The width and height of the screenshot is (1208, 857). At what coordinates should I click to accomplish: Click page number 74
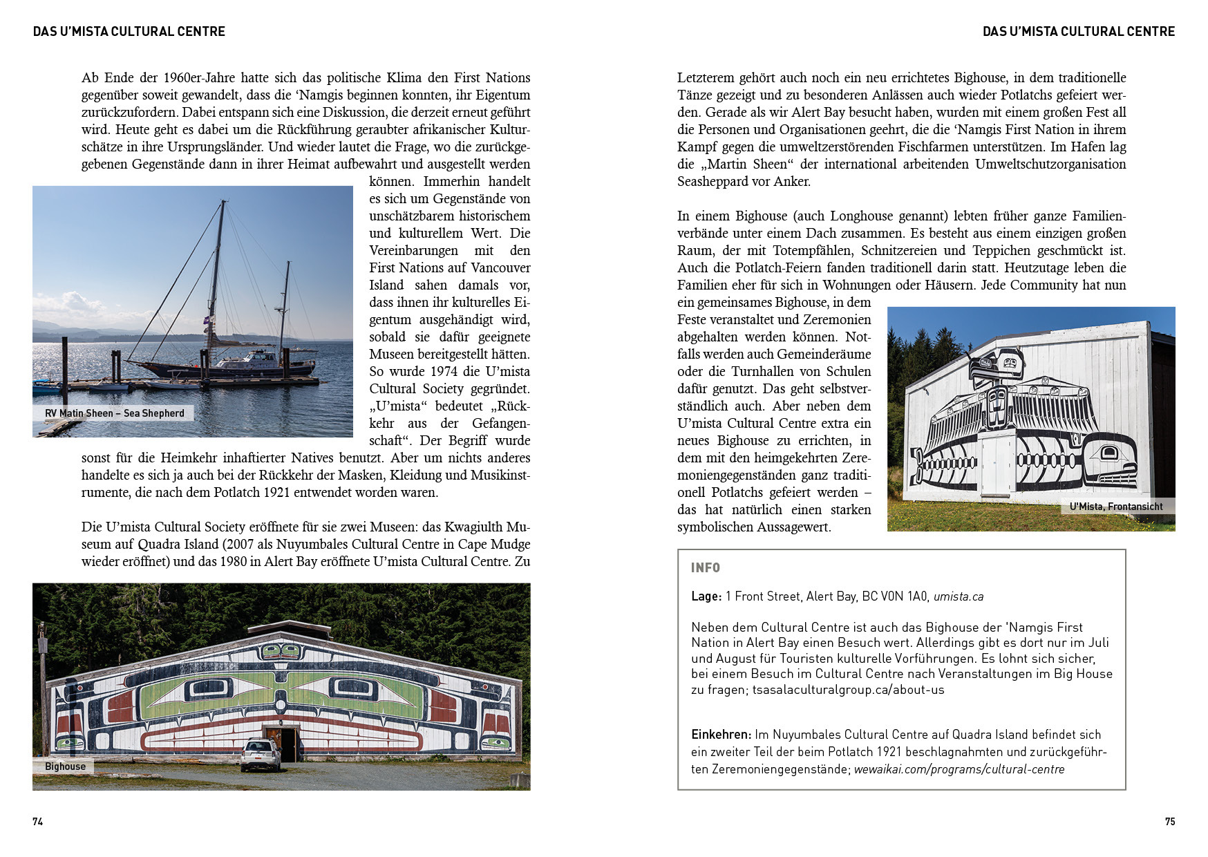[38, 821]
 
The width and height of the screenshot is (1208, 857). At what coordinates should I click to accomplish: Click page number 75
[1169, 821]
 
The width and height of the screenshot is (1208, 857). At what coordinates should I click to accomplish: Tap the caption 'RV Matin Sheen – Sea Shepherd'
[115, 413]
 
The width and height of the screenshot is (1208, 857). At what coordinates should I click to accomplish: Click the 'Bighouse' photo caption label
[65, 766]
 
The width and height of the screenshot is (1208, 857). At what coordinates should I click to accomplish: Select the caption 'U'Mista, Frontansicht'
[1115, 507]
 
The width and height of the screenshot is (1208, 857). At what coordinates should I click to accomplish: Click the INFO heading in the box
[706, 567]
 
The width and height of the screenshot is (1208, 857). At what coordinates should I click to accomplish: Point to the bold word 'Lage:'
[706, 596]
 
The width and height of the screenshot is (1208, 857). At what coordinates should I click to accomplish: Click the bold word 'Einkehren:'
[721, 735]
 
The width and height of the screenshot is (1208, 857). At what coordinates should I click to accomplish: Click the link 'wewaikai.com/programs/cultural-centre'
[959, 769]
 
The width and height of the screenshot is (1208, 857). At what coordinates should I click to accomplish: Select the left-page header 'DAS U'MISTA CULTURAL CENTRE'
[129, 31]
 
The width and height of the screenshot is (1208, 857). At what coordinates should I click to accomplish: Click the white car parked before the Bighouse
[261, 754]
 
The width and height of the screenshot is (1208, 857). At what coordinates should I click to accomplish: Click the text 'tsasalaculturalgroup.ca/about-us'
[848, 690]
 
